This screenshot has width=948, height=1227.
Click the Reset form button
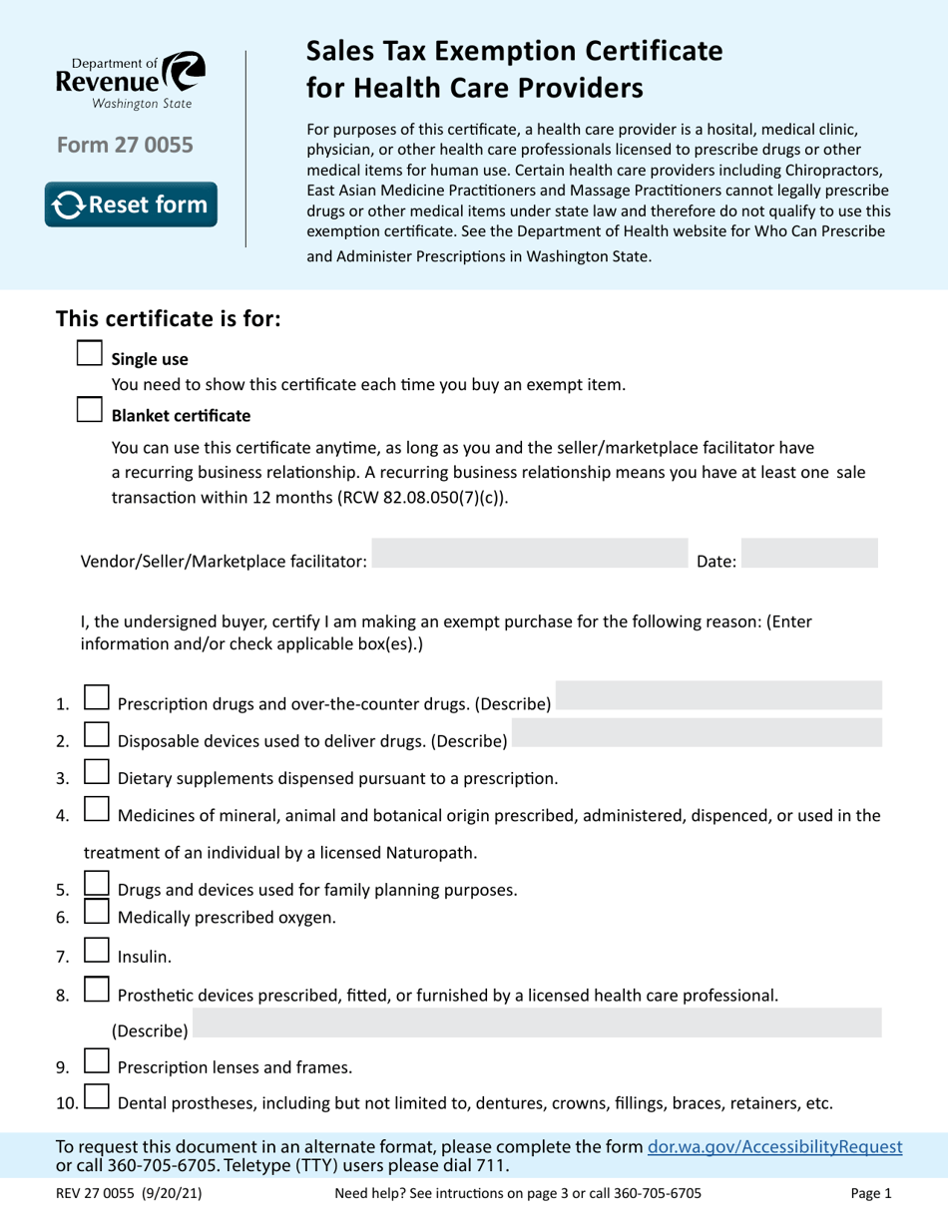point(131,204)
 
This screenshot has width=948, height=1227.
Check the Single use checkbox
point(90,353)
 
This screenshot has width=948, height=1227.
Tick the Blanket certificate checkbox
point(90,409)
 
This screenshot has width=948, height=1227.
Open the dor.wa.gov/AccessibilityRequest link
point(775,1147)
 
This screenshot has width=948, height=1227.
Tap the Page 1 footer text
point(871,1193)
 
